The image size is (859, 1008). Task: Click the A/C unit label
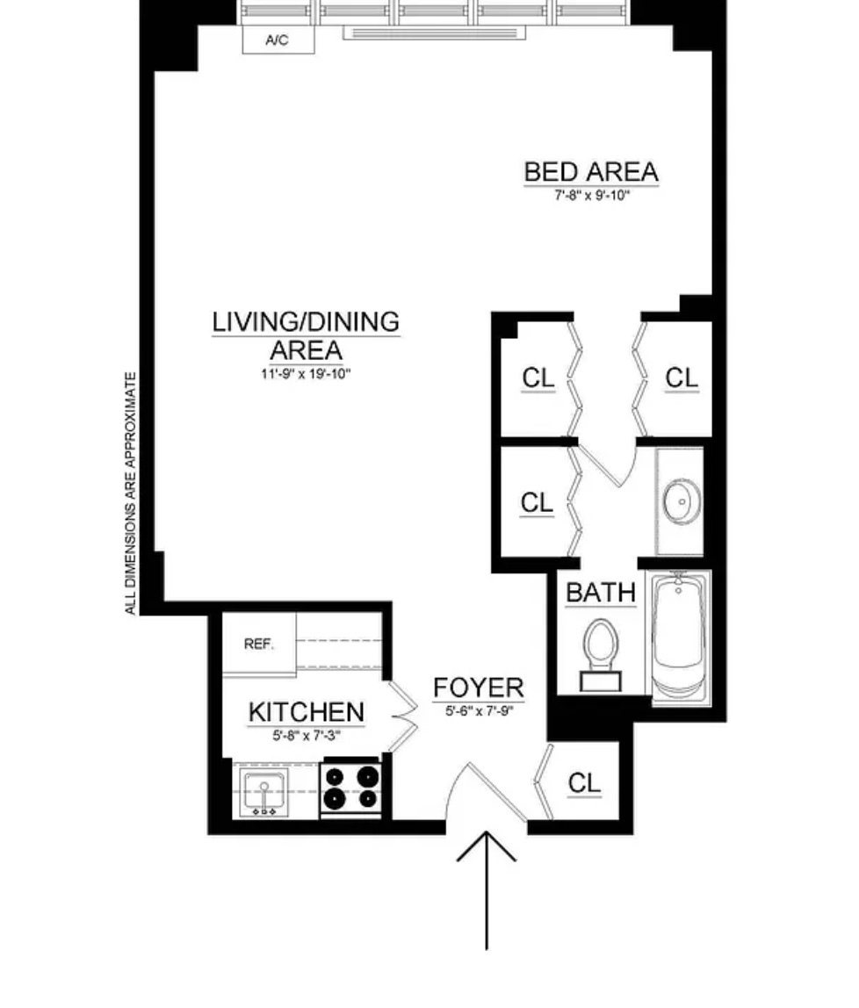(x=277, y=40)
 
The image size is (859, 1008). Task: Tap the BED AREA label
(x=590, y=171)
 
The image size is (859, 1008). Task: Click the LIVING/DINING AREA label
(x=306, y=335)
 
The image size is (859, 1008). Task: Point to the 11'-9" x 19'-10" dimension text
(x=306, y=374)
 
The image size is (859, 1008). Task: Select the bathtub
(x=682, y=634)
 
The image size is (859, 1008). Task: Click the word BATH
(x=600, y=593)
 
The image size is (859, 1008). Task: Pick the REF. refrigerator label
(x=258, y=644)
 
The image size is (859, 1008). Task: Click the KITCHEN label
(x=306, y=712)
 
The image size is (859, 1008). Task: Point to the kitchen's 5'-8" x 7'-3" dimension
(x=306, y=736)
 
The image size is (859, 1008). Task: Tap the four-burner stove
(x=350, y=787)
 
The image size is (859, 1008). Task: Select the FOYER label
(x=479, y=688)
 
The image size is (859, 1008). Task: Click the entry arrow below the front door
(x=487, y=887)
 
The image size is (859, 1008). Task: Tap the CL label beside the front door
(x=584, y=782)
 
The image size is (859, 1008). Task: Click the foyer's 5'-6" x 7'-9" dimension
(x=479, y=711)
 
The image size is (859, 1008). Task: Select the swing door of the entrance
(x=492, y=790)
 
